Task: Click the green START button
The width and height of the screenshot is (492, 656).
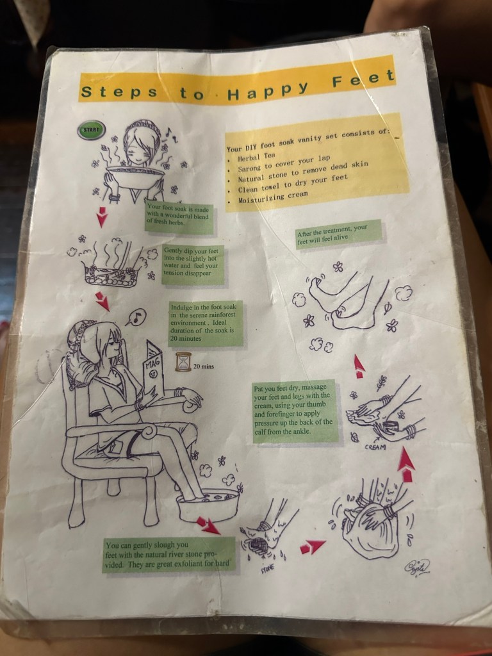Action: click(91, 130)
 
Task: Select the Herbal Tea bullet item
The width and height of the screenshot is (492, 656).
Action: click(256, 157)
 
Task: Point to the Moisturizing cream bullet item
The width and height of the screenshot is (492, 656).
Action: click(273, 197)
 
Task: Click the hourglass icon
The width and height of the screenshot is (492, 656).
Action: click(183, 362)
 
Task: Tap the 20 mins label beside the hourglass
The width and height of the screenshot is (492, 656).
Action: click(203, 366)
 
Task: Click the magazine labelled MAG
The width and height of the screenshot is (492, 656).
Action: click(152, 371)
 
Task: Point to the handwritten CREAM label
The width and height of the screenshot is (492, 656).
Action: click(375, 447)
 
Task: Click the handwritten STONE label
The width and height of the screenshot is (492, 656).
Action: click(268, 568)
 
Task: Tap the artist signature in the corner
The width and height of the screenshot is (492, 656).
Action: click(416, 568)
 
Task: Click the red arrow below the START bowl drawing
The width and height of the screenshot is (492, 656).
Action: click(102, 217)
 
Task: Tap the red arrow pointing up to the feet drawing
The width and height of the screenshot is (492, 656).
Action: click(359, 366)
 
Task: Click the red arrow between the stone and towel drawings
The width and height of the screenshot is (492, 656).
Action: click(312, 546)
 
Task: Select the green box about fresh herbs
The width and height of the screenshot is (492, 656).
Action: click(179, 217)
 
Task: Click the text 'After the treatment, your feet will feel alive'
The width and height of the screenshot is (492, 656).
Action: click(339, 234)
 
